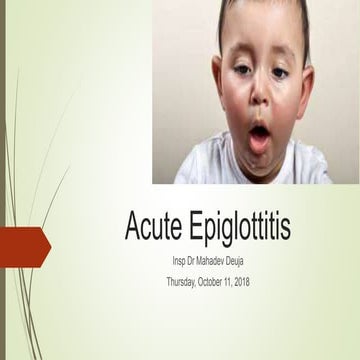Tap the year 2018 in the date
(270, 282)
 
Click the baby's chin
(260, 160)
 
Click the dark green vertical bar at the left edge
(3, 180)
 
